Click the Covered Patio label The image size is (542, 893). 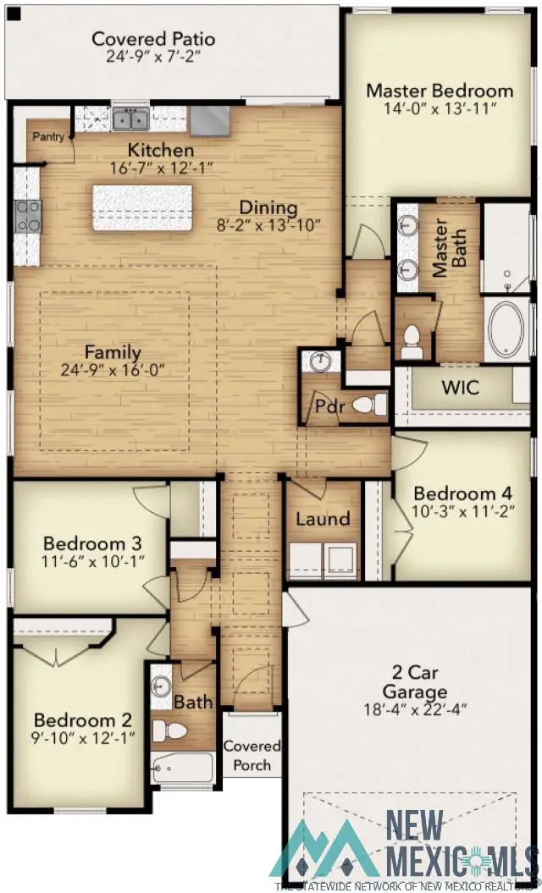click(153, 39)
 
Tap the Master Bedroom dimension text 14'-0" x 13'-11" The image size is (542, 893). click(439, 110)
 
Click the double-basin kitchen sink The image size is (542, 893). click(130, 119)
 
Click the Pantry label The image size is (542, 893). click(47, 136)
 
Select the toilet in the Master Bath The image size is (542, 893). click(412, 339)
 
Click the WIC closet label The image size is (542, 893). click(461, 388)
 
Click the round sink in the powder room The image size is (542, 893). click(320, 362)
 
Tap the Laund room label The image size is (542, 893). click(323, 519)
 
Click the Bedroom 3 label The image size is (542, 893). click(92, 543)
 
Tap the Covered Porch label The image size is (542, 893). click(252, 755)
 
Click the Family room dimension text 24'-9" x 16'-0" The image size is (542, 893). click(113, 370)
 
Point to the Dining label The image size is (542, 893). click(268, 207)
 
